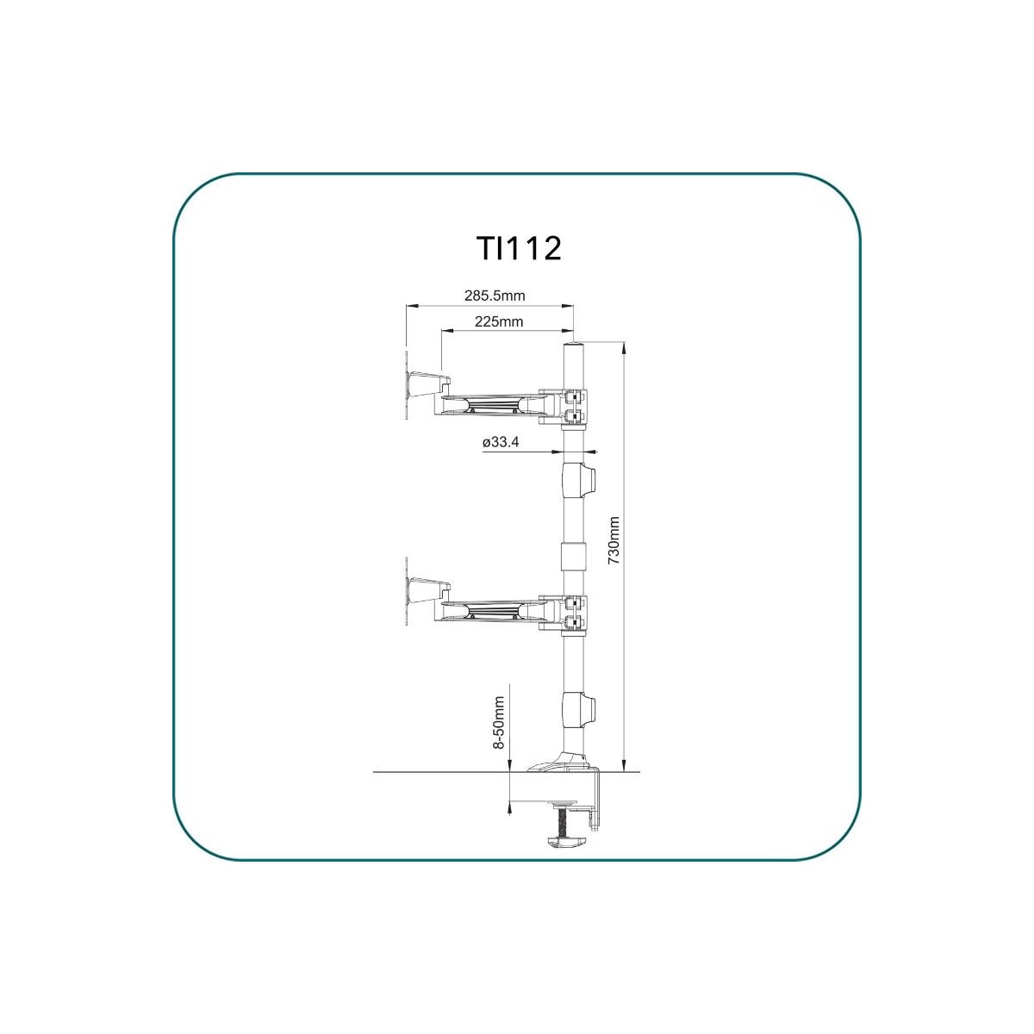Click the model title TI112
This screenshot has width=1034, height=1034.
[519, 249]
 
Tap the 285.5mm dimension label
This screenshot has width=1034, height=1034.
[495, 296]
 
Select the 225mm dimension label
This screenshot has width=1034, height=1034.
[499, 321]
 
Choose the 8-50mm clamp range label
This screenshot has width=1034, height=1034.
[499, 722]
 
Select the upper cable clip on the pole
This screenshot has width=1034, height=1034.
[579, 482]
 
